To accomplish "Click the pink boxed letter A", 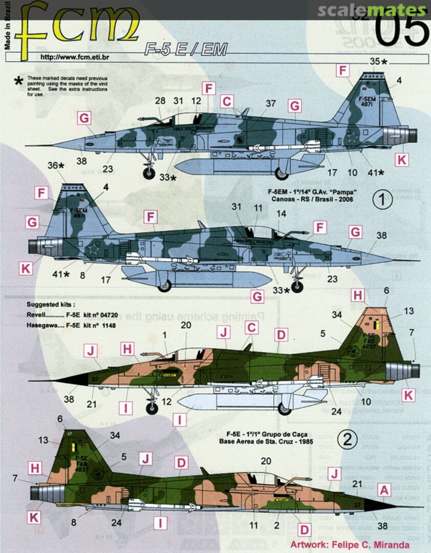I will tap(384, 491).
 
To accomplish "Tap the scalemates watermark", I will tap(371, 10).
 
